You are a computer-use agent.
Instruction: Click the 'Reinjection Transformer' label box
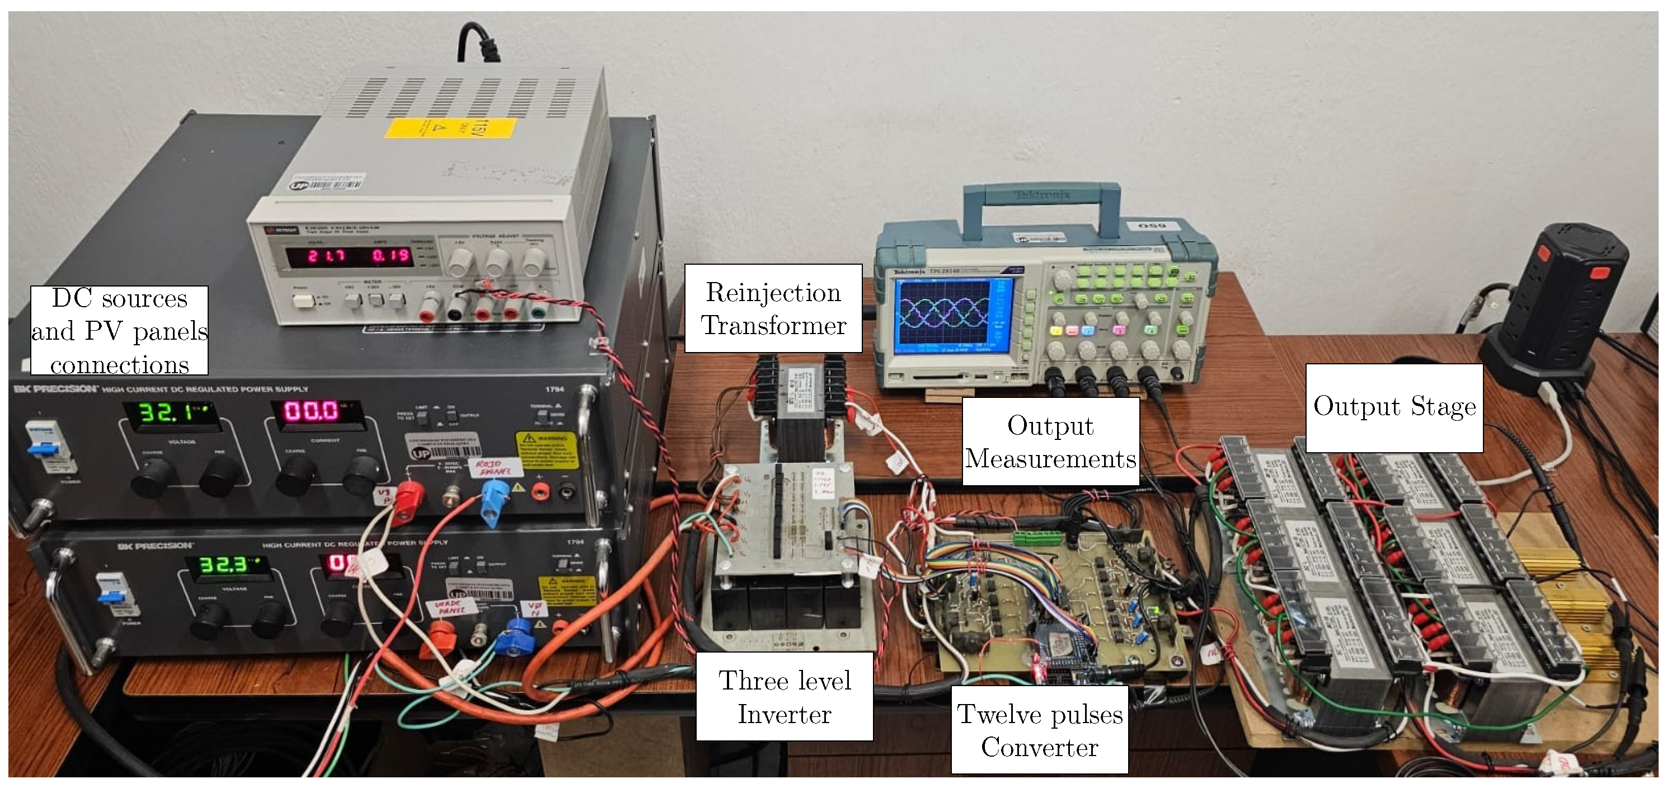[x=773, y=308]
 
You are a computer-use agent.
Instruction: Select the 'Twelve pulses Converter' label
[x=1039, y=730]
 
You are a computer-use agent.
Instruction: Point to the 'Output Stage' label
[x=1394, y=407]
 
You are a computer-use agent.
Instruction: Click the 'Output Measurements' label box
[x=1050, y=442]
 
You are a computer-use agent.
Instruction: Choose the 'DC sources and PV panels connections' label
[x=119, y=331]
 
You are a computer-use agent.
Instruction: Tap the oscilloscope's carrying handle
[x=1041, y=195]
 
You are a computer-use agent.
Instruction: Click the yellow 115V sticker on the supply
[x=451, y=128]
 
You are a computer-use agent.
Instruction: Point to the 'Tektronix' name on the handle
[x=1043, y=194]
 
